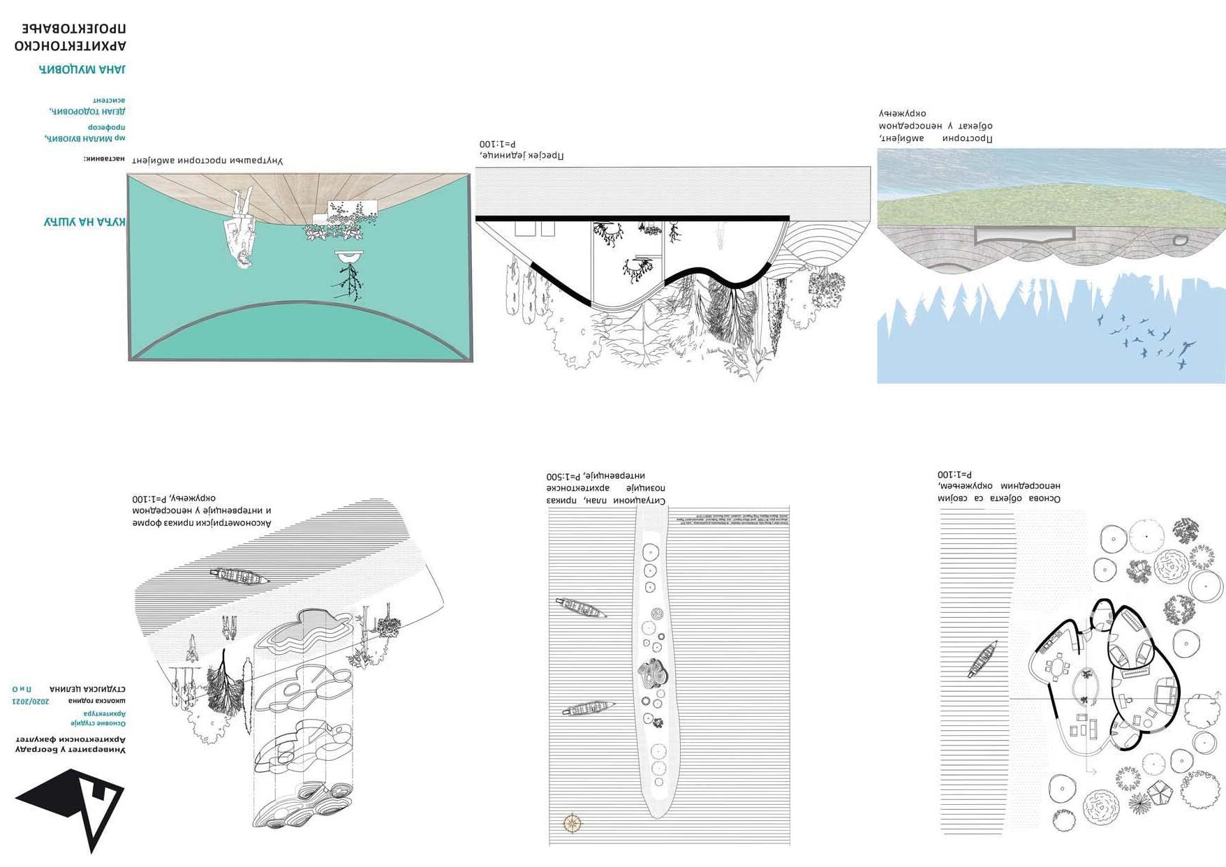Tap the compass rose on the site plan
click(573, 823)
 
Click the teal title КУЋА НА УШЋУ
click(84, 222)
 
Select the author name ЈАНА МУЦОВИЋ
click(82, 69)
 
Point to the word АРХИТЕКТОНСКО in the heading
click(70, 46)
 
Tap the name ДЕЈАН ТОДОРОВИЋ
click(87, 111)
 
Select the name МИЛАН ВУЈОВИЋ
click(84, 138)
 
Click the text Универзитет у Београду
click(71, 750)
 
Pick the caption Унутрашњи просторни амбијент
click(207, 161)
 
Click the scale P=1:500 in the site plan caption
click(566, 476)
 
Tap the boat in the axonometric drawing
click(239, 576)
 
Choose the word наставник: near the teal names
click(104, 158)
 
